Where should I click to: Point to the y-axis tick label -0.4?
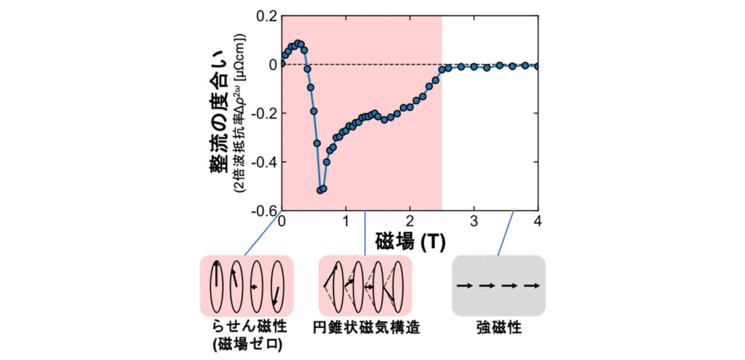point(263,162)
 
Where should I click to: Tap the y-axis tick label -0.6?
point(263,211)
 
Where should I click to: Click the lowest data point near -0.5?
point(321,190)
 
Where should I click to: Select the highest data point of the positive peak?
point(298,44)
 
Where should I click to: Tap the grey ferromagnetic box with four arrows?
point(498,286)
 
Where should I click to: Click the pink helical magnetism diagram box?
point(246,286)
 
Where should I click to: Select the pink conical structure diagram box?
point(365,286)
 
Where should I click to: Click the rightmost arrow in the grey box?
point(534,286)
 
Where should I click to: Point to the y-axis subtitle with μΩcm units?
point(239,113)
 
